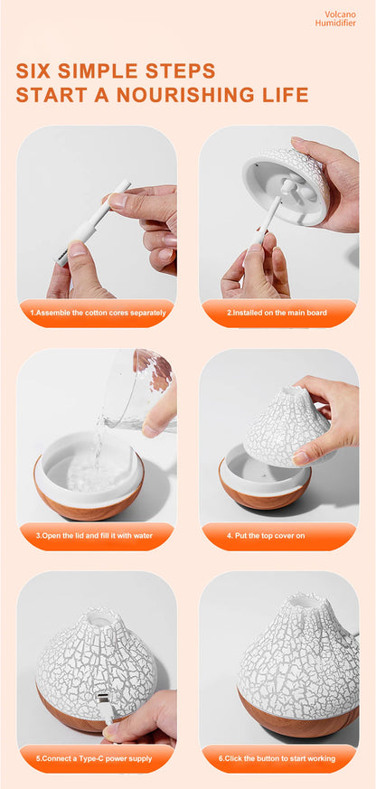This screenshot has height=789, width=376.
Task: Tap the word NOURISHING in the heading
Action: click(x=183, y=95)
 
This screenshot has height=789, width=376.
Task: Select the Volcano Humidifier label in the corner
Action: click(x=335, y=19)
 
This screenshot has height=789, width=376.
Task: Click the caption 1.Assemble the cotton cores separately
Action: click(x=98, y=313)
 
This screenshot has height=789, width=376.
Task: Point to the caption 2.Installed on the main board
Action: click(x=277, y=313)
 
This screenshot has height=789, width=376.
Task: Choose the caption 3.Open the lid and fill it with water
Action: click(x=94, y=535)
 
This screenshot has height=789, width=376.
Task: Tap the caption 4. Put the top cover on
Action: click(x=265, y=535)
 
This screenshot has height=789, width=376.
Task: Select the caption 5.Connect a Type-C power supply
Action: click(x=94, y=758)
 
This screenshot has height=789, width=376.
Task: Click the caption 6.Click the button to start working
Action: click(x=277, y=758)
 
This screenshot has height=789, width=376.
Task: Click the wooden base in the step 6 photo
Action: click(x=297, y=715)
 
